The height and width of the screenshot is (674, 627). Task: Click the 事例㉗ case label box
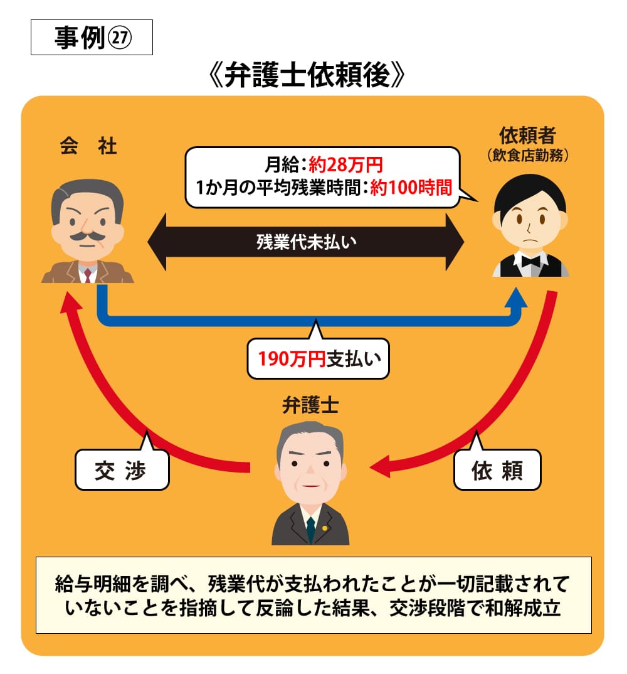92,38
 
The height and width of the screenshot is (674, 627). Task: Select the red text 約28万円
345,166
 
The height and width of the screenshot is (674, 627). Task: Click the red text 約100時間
411,188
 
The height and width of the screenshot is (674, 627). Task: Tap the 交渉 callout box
122,470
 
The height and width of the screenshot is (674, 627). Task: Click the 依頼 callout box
497,470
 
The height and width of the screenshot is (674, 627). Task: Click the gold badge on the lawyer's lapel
324,527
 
